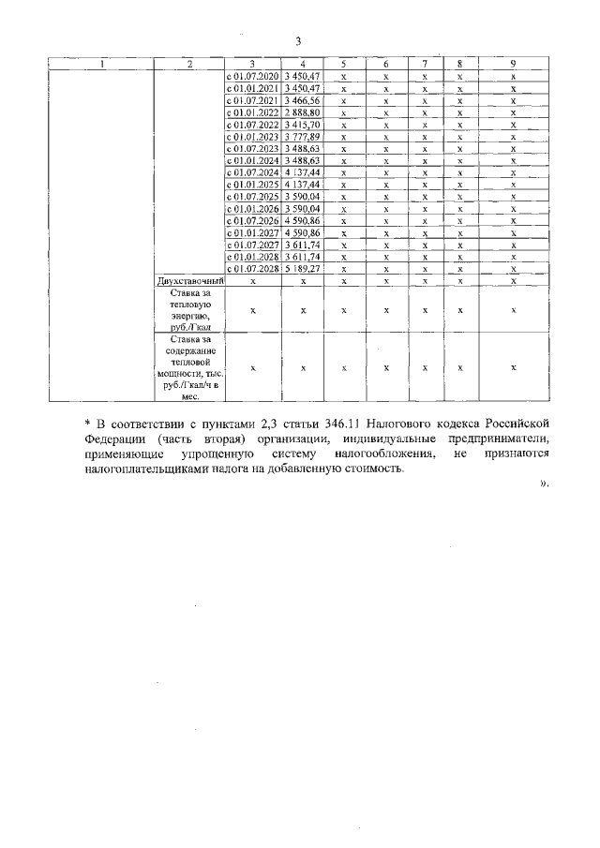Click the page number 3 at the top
pyautogui.click(x=298, y=40)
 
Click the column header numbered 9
pyautogui.click(x=514, y=63)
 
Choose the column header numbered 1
pyautogui.click(x=102, y=63)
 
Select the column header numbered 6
pyautogui.click(x=386, y=63)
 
